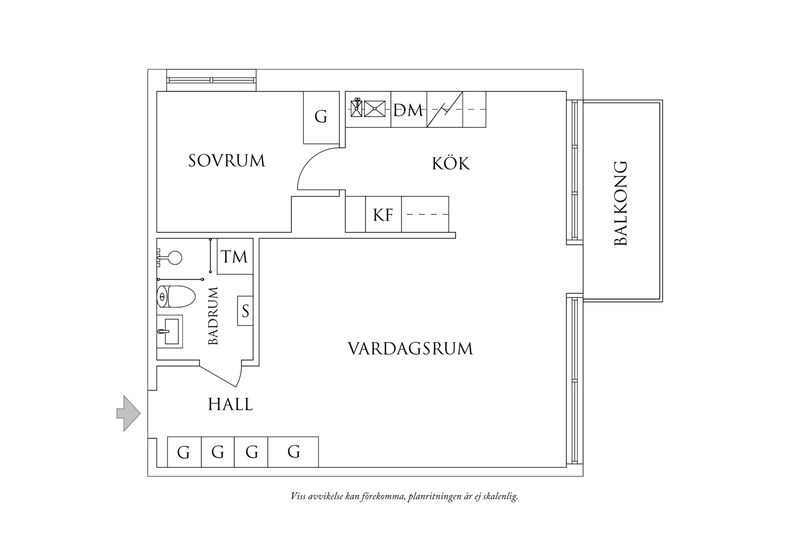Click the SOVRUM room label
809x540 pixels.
click(226, 161)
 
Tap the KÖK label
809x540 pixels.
click(450, 163)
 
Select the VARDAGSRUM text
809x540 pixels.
click(410, 349)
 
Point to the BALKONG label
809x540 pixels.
click(621, 203)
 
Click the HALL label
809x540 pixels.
click(230, 404)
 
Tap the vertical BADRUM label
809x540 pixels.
click(213, 316)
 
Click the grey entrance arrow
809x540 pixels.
click(129, 413)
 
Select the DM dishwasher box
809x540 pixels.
click(409, 110)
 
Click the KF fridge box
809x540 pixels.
click(383, 215)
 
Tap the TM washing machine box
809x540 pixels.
click(235, 257)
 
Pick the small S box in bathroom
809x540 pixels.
click(245, 311)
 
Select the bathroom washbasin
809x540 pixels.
click(170, 331)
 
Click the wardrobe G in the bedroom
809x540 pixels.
click(321, 117)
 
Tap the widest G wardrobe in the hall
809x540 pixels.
click(293, 452)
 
